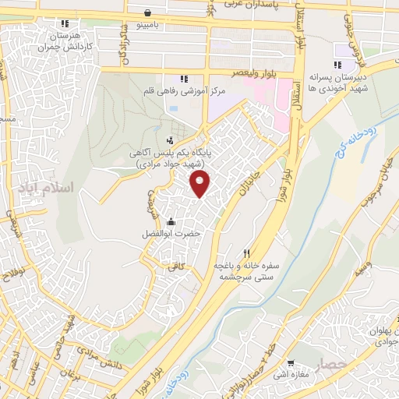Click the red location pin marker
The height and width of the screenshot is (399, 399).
coord(201,184)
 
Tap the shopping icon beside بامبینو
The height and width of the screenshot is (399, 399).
coord(148,12)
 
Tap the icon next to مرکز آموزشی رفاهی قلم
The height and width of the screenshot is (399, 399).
coord(184,79)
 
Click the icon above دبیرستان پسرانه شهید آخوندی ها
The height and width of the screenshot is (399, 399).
coord(337,65)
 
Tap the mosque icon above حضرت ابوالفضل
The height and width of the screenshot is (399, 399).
coord(171,221)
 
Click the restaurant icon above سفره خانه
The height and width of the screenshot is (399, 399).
coord(247,253)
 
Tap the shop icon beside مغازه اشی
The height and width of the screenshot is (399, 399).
coord(291,363)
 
